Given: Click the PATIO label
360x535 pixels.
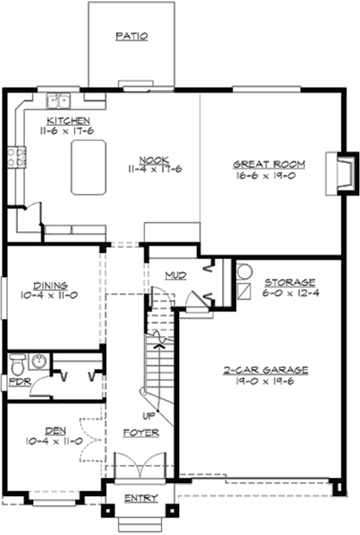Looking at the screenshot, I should (131, 36).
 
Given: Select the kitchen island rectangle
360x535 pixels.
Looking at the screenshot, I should (89, 168).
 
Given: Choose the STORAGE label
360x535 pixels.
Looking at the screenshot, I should (289, 283).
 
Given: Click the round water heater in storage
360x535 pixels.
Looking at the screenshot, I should (246, 272).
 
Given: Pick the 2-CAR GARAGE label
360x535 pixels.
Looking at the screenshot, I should (266, 370).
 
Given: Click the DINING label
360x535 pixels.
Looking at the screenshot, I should (50, 285).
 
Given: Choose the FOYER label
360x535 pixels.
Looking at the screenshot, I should (141, 433).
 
